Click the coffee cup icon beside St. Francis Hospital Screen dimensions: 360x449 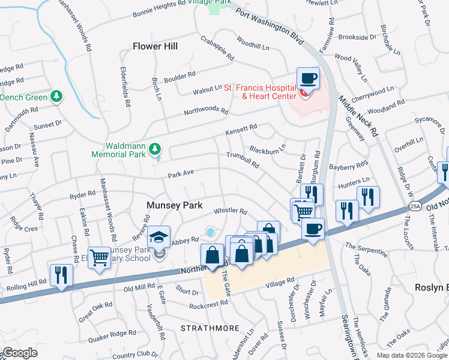(308, 79)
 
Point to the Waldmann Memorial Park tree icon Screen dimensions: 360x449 (155, 148)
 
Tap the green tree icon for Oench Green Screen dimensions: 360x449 (56, 96)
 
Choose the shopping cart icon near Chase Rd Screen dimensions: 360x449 (99, 259)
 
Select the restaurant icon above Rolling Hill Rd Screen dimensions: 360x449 (61, 275)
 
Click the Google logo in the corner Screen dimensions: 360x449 (19, 353)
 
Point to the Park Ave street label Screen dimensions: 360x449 (181, 173)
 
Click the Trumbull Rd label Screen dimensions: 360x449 (243, 160)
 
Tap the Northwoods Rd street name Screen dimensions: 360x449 (206, 112)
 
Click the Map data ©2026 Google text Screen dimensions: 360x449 (412, 355)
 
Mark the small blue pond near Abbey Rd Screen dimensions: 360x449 (210, 232)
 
